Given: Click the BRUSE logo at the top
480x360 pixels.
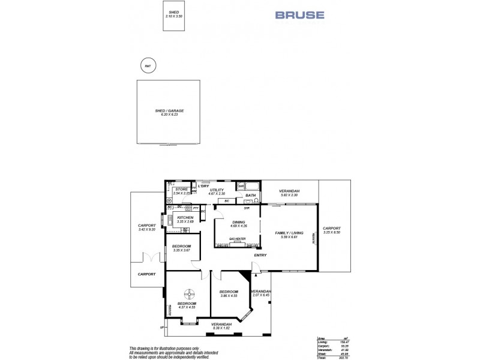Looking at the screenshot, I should pos(300,15).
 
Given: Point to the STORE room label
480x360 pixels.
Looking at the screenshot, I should pos(182,190).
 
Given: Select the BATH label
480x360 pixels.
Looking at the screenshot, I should pos(250,196).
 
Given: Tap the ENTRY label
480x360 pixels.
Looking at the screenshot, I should pos(260,256).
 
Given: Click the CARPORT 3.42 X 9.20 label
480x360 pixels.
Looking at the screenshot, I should pos(147,227).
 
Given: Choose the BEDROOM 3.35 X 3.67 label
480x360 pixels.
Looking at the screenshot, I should pos(181,248).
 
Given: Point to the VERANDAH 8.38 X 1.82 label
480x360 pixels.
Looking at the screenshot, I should pos(221,326).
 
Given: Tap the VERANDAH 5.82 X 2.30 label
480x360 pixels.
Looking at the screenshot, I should pos(289,193).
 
